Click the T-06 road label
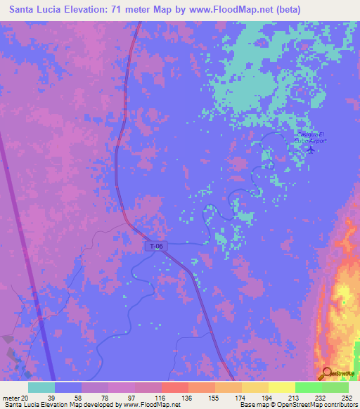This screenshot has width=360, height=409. pos(156,246)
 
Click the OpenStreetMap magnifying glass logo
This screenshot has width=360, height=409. pos(327,373)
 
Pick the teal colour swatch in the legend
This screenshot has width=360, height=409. pos(41,387)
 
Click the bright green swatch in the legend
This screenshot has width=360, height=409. pos(309,387)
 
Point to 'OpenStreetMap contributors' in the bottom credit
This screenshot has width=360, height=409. pos(319,405)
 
